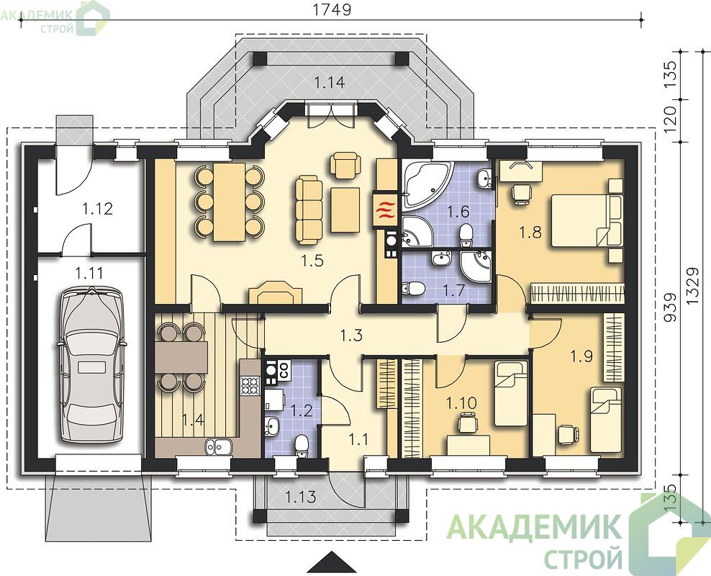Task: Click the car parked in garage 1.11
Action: click(91, 364)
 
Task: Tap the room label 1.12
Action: click(97, 209)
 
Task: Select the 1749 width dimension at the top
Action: click(332, 9)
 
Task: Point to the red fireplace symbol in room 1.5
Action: click(384, 210)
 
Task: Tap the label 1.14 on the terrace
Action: click(330, 83)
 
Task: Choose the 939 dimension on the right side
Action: click(670, 307)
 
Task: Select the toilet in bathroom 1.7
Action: click(412, 288)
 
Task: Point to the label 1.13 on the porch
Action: click(301, 497)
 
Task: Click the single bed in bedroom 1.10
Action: click(510, 393)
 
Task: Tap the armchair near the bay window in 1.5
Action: click(345, 165)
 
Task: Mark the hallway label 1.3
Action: click(351, 336)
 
